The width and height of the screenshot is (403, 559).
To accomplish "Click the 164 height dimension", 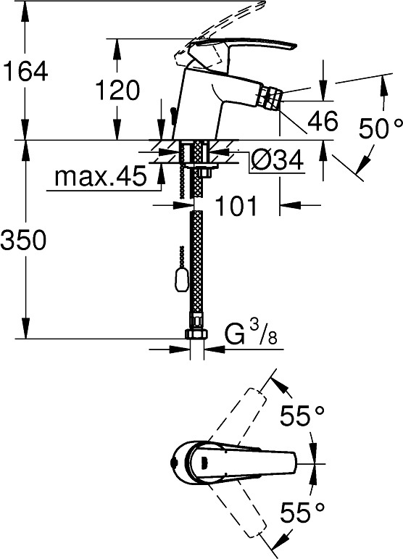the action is (x=25, y=72).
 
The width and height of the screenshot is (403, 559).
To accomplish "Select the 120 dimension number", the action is (x=117, y=90).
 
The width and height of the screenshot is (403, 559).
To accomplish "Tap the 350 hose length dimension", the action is (x=23, y=239).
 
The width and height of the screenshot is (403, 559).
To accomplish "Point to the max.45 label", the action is (x=101, y=175).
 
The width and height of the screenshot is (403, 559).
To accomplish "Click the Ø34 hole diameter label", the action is (x=277, y=160).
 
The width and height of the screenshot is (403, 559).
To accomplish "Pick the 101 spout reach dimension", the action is (x=236, y=206).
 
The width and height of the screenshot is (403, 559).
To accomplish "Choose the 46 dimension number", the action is (x=323, y=120).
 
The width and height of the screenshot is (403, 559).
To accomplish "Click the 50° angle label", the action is (x=381, y=128).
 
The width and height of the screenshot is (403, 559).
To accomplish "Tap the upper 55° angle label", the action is (x=302, y=415).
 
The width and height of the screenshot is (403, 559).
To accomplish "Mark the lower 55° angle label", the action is (x=302, y=512).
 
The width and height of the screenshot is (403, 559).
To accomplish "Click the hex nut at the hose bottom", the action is (x=196, y=334).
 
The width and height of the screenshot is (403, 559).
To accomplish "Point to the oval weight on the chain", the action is (x=180, y=279).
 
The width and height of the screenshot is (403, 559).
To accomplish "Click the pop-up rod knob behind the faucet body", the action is (x=173, y=117).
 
